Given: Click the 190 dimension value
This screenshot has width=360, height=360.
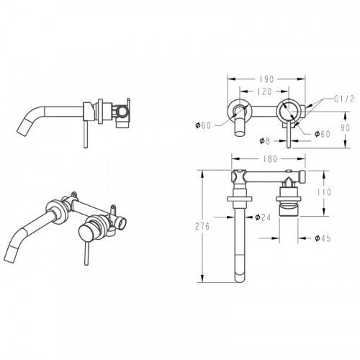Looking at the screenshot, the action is [266, 79].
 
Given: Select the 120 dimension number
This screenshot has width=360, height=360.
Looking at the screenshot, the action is [264, 91].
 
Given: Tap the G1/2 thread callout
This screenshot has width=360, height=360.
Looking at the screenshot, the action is [344, 99].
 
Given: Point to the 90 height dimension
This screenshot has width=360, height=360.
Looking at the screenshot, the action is [345, 128].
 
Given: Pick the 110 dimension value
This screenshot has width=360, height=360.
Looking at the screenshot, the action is [324, 192].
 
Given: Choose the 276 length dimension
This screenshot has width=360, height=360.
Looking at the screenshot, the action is [202, 226].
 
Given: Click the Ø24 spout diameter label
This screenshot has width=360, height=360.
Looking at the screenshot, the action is [263, 217].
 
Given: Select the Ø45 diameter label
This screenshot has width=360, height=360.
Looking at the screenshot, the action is [323, 238].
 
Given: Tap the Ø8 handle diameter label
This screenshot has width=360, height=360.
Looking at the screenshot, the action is [265, 141].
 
